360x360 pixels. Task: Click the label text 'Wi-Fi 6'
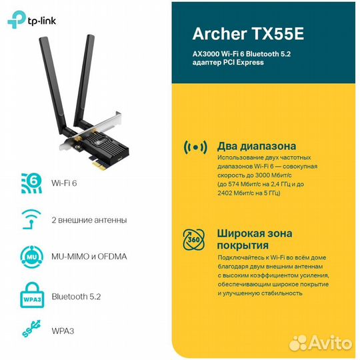pyautogui.click(x=65, y=182)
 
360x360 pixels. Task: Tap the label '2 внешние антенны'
pyautogui.click(x=89, y=219)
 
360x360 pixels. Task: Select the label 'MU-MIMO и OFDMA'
pyautogui.click(x=89, y=256)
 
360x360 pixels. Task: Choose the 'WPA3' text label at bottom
pyautogui.click(x=65, y=329)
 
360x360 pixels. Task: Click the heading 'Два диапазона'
pyautogui.click(x=257, y=146)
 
